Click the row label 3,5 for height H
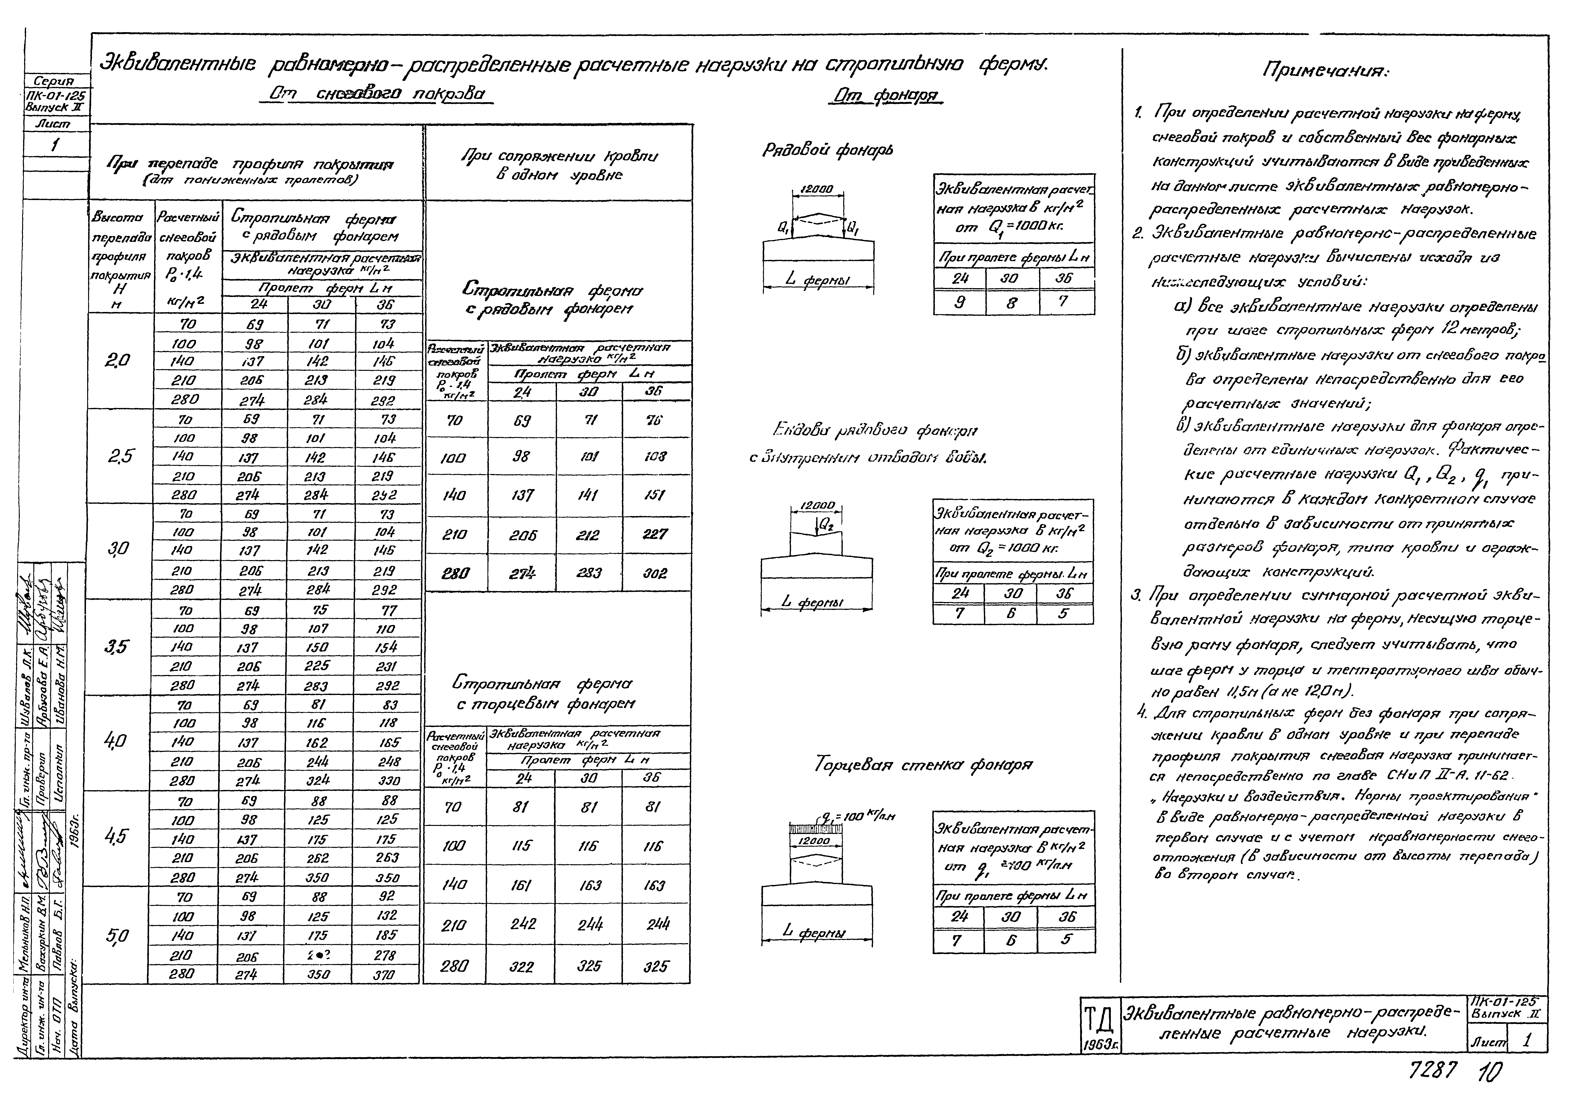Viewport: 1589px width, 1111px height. pos(118,647)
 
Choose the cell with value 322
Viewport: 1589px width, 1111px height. pos(521,966)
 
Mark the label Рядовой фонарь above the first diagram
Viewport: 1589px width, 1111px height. pos(828,150)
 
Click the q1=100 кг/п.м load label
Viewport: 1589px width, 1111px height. pos(858,817)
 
